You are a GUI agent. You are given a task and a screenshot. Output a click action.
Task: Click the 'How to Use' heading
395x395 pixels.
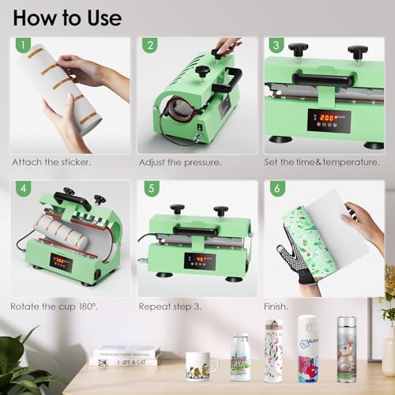(x=67, y=17)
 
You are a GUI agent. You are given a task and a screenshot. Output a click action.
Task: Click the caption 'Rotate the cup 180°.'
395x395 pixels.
(x=53, y=305)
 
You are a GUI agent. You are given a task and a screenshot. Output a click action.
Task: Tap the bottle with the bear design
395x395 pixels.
(x=346, y=349)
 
